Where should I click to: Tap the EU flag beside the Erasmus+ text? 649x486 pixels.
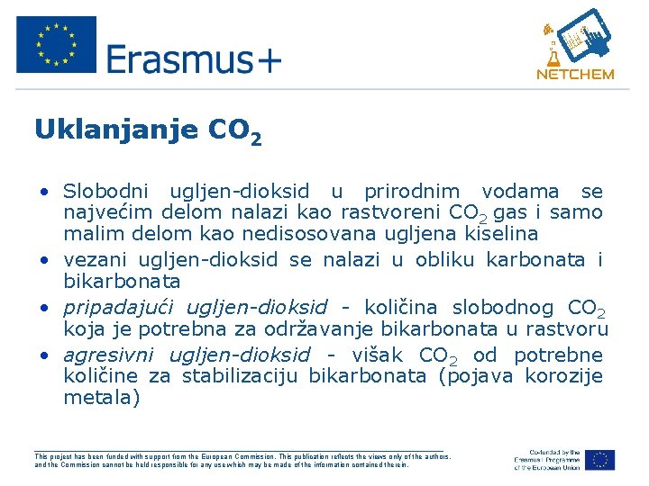[56, 44]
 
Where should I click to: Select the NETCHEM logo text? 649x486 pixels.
[575, 75]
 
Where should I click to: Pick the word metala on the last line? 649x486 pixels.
[102, 397]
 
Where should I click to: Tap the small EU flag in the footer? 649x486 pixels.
[600, 460]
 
